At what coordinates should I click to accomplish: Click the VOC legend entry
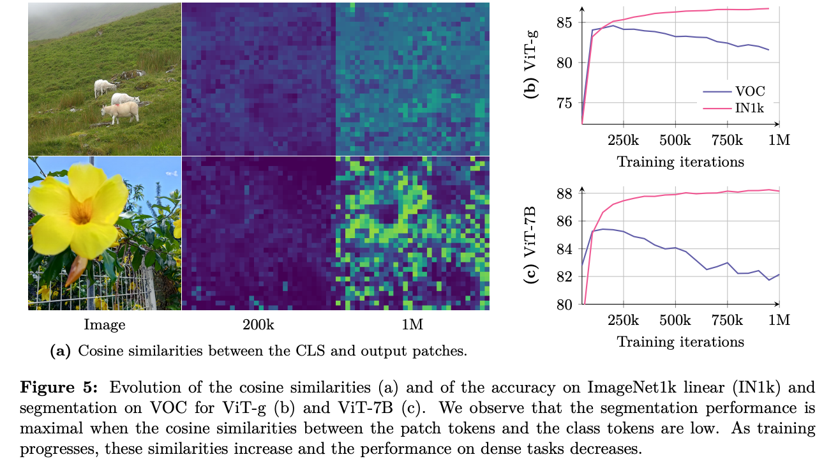coord(750,91)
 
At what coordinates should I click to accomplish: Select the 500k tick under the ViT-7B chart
coord(675,320)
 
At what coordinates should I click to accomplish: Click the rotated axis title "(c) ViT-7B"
coord(530,246)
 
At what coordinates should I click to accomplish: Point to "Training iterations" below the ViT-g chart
coord(680,162)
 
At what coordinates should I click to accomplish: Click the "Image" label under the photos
coord(105,325)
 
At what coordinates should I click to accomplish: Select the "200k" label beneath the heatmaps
coord(258,325)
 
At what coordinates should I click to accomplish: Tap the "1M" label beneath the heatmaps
coord(412,325)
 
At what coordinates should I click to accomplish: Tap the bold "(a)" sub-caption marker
coord(59,350)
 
